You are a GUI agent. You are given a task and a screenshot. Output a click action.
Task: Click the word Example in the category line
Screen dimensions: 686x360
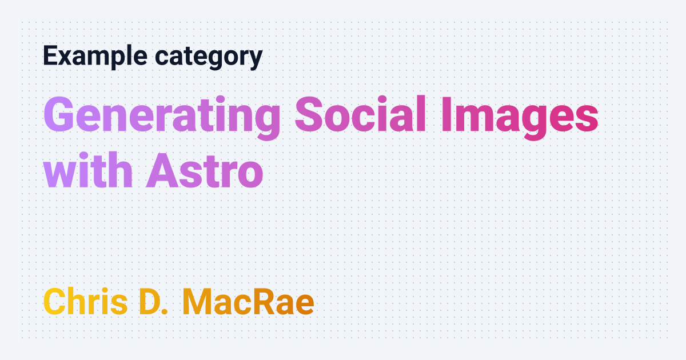click(x=95, y=56)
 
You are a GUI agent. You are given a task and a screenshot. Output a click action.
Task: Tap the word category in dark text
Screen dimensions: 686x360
click(x=209, y=57)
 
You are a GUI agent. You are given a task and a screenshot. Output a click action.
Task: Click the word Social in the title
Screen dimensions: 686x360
click(x=361, y=114)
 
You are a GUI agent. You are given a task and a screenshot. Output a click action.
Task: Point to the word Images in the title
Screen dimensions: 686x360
click(x=520, y=118)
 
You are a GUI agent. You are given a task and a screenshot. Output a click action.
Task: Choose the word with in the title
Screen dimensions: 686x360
click(x=88, y=170)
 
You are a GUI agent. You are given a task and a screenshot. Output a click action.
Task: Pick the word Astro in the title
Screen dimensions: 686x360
click(x=205, y=170)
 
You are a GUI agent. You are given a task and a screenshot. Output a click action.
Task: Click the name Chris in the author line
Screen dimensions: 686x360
click(x=85, y=301)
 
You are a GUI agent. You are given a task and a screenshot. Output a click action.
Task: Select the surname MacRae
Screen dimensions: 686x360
click(x=248, y=302)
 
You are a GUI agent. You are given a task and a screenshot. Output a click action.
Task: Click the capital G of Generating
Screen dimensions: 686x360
click(x=59, y=114)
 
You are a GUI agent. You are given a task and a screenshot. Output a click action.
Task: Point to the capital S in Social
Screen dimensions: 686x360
click(x=309, y=114)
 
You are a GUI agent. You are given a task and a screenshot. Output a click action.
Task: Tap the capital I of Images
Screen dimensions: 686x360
click(x=447, y=114)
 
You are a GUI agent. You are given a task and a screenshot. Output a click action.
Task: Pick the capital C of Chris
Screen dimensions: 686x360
click(x=55, y=302)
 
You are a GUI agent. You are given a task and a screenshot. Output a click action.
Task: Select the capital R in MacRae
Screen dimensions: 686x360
click(x=268, y=302)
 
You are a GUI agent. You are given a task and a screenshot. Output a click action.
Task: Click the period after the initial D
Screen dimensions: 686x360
click(x=165, y=311)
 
